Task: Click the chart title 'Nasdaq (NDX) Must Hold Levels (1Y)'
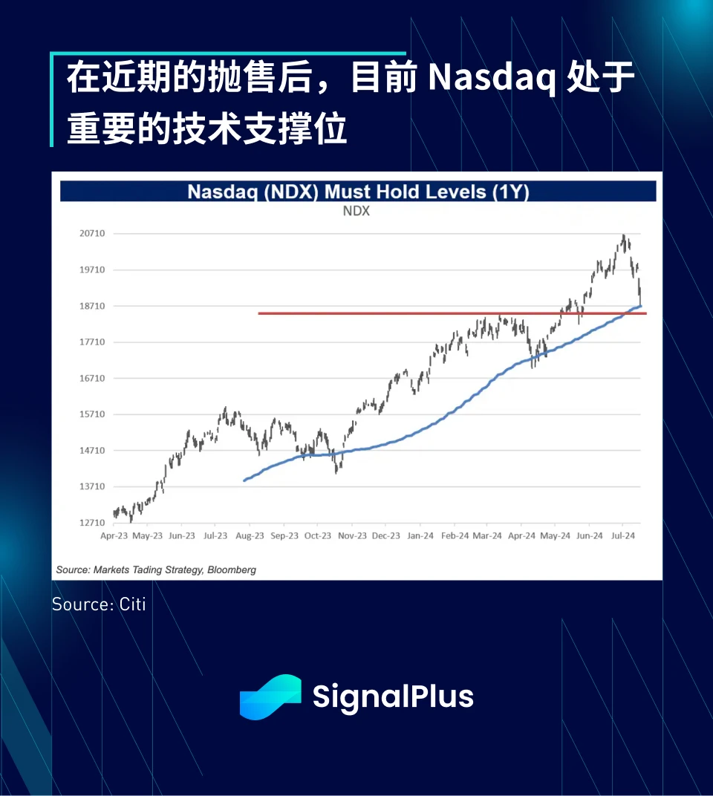coord(358,192)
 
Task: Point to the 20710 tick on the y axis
coord(92,233)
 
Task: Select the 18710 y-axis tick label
coord(92,306)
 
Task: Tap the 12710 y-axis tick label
coord(92,523)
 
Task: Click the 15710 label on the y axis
coord(92,414)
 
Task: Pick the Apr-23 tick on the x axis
coord(114,535)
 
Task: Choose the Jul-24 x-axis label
coord(623,535)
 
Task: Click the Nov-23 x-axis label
coord(352,535)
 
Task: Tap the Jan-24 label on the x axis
coord(420,535)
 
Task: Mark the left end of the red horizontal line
coord(258,313)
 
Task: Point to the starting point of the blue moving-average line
coord(244,480)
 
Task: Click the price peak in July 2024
coord(624,235)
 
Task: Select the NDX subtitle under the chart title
coord(356,211)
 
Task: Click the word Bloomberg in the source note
coord(232,570)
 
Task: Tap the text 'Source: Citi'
coord(99,604)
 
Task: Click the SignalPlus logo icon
coord(270,697)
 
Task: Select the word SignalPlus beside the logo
coord(393,697)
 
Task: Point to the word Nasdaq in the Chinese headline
coord(492,78)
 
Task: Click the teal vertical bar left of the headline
coord(52,99)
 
